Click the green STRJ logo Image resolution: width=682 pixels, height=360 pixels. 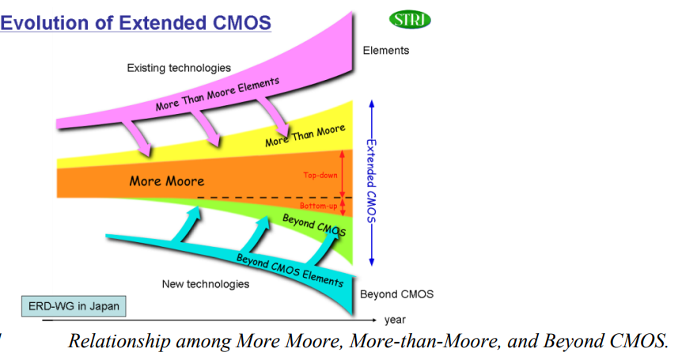[411, 20]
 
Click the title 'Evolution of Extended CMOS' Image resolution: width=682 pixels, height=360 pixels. [136, 23]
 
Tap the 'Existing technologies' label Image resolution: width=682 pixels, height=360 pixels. [179, 68]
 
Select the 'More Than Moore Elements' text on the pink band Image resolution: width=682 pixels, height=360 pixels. [218, 95]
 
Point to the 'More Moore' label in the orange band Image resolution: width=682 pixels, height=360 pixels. [166, 181]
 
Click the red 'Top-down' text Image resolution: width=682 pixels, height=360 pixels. [320, 175]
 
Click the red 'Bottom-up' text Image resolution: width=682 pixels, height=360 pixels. [319, 206]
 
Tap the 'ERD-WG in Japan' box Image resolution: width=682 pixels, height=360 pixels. [74, 306]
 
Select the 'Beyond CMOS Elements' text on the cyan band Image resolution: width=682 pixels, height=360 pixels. [290, 269]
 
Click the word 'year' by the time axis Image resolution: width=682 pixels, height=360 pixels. [395, 320]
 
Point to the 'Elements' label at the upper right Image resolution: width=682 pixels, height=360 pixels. [386, 51]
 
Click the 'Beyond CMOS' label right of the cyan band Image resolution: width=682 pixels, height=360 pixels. [396, 294]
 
